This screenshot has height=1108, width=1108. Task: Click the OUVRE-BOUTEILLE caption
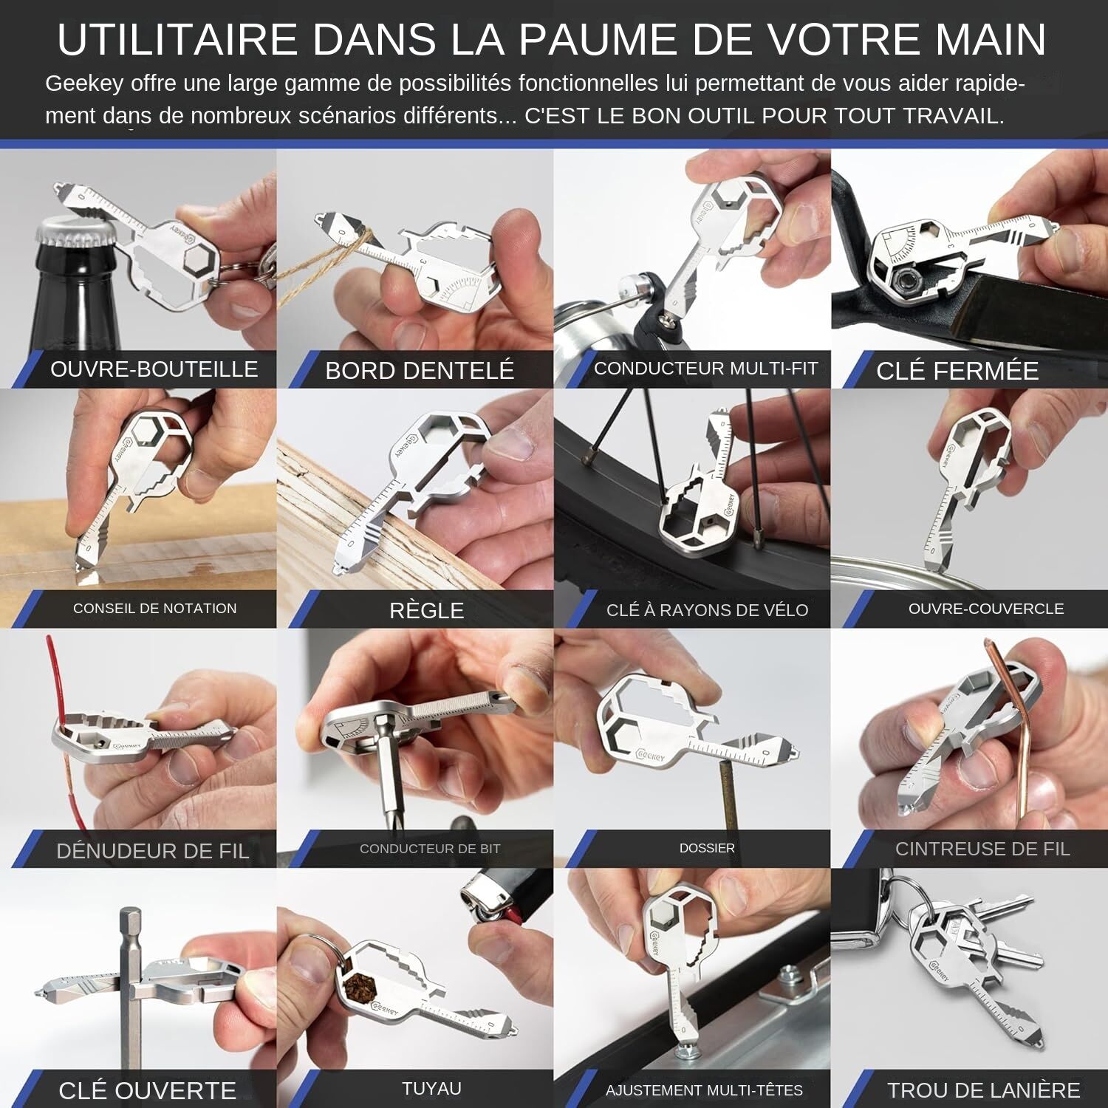click(x=154, y=369)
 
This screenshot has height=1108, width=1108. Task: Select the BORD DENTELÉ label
click(x=420, y=370)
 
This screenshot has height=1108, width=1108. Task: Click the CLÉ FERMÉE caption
click(x=957, y=370)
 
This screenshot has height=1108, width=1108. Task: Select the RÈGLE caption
click(x=426, y=610)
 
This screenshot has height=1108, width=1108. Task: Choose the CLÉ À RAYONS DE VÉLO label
click(x=707, y=610)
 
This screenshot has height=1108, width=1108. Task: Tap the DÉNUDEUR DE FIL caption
click(x=152, y=851)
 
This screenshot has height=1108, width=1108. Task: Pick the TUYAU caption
click(x=431, y=1088)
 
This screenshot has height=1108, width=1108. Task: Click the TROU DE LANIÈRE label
click(x=983, y=1090)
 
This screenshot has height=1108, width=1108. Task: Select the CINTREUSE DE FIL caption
click(x=982, y=849)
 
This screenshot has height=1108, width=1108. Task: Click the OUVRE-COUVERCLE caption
click(x=985, y=609)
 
